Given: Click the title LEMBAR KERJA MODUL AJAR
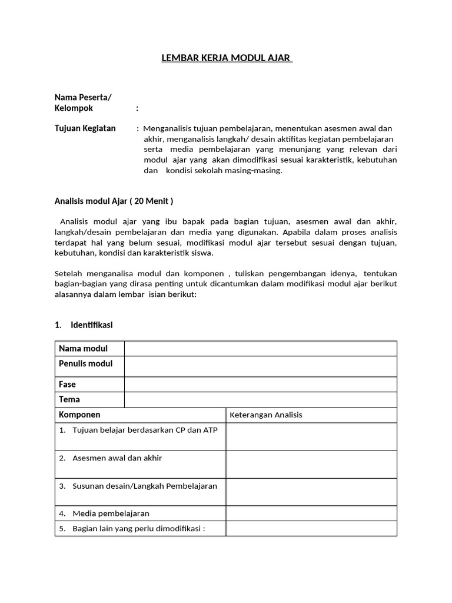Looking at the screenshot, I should tap(227, 59).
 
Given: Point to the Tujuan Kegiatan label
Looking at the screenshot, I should tap(85, 128).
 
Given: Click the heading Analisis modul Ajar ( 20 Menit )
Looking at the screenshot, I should tap(114, 201).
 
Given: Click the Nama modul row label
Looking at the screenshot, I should tap(83, 349).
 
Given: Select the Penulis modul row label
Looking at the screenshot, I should tap(85, 363).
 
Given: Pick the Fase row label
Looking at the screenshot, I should tap(68, 385).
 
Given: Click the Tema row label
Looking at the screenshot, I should tap(69, 400).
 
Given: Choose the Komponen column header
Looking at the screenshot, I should tap(79, 415).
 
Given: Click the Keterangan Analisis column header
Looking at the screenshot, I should tap(265, 415).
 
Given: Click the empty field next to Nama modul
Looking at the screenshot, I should tap(260, 349).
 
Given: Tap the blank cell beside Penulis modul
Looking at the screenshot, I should tap(260, 366).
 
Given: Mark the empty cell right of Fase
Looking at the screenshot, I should tap(260, 385).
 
